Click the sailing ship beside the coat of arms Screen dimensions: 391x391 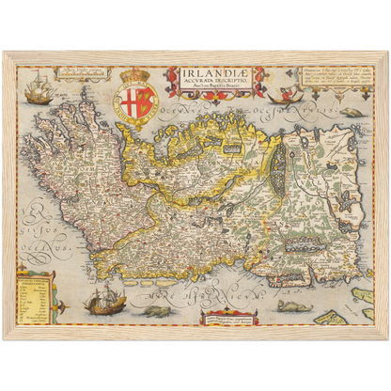(x=39, y=92)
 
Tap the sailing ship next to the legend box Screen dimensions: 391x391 (x=104, y=301)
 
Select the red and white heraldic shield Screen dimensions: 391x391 (x=137, y=98)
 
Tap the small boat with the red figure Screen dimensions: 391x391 (x=279, y=96)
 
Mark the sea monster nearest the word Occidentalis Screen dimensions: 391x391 (x=351, y=112)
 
